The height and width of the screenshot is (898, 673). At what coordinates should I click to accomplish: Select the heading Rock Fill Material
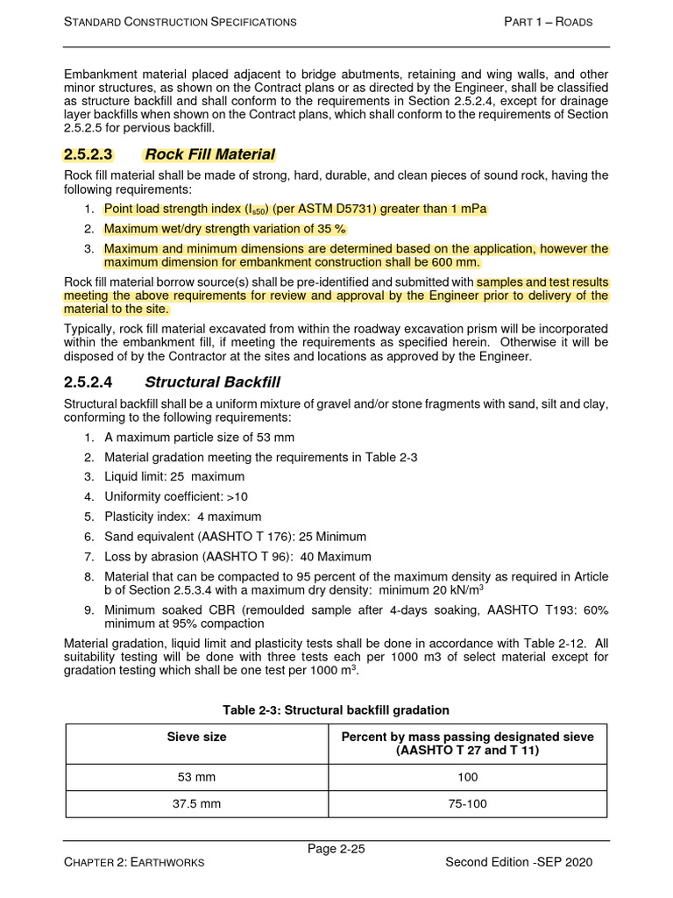[209, 154]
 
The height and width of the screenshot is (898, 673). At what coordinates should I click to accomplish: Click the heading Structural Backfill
[212, 381]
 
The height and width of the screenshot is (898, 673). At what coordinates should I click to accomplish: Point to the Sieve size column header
[196, 737]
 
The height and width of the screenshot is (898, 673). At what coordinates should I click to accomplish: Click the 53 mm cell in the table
[196, 777]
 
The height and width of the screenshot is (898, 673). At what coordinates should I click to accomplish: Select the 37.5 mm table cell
[196, 803]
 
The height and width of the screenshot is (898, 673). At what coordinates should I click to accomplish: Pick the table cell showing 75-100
[467, 803]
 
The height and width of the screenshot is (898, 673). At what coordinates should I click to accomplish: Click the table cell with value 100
[467, 777]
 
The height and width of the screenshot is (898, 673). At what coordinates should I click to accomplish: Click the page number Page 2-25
[336, 848]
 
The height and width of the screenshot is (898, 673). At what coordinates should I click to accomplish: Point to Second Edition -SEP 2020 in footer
[519, 862]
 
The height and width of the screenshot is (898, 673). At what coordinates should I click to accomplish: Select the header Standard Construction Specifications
[181, 21]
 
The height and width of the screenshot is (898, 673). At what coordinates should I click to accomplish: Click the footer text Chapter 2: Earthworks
[134, 862]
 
